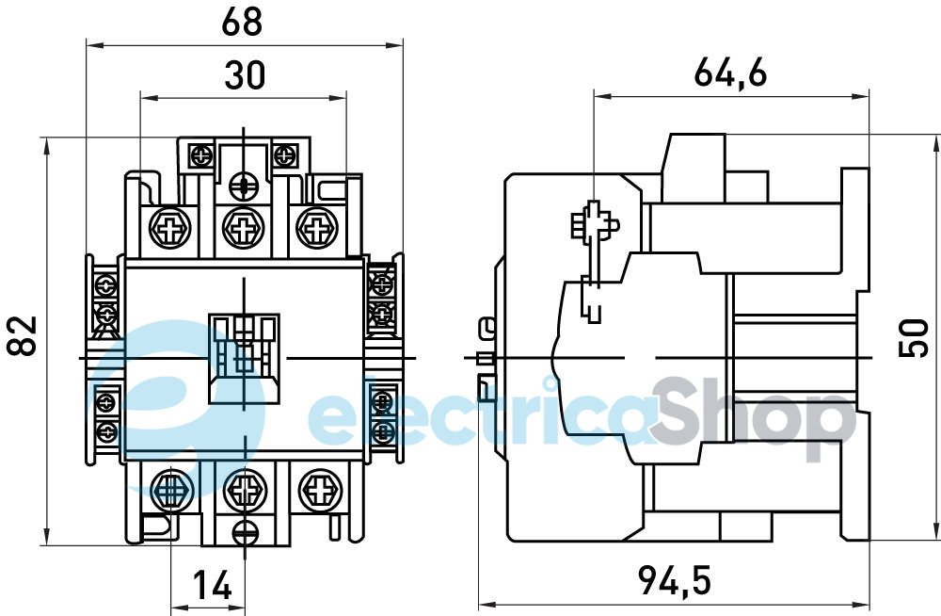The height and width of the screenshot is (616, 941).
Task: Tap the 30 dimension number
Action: tap(245, 74)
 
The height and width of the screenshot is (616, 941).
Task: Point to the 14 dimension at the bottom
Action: tap(212, 587)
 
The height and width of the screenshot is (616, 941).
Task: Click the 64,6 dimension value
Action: tap(729, 73)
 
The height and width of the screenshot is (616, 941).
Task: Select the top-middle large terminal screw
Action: tap(244, 228)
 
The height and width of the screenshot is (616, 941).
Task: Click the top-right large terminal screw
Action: tap(314, 228)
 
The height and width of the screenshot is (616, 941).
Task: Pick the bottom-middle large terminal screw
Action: tap(244, 490)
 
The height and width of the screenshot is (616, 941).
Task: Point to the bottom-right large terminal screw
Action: tap(315, 490)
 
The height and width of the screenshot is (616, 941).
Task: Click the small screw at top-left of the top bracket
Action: tap(199, 154)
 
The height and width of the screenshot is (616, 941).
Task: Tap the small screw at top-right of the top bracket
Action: tap(284, 154)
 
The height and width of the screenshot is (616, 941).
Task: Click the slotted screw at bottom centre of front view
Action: tap(244, 532)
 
